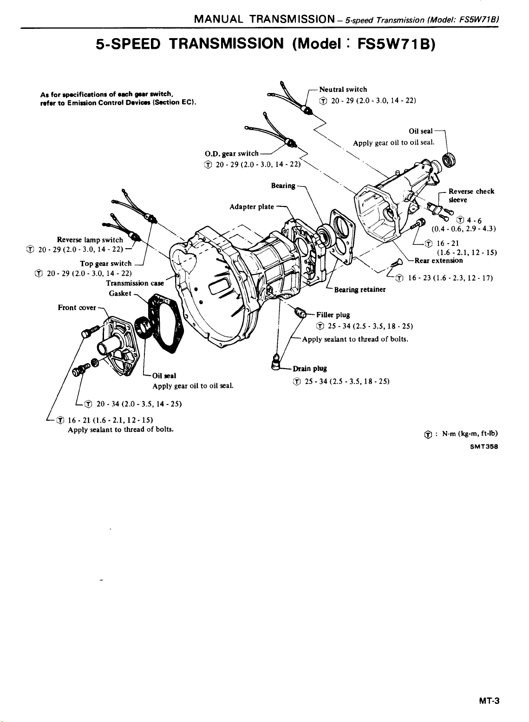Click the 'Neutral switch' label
tap(343, 89)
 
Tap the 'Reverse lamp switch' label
tap(90, 240)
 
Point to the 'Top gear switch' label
tap(106, 263)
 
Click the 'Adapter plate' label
tap(251, 206)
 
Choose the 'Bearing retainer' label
tap(360, 290)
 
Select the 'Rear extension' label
tap(438, 260)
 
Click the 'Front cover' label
tap(77, 307)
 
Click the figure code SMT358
tap(483, 445)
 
